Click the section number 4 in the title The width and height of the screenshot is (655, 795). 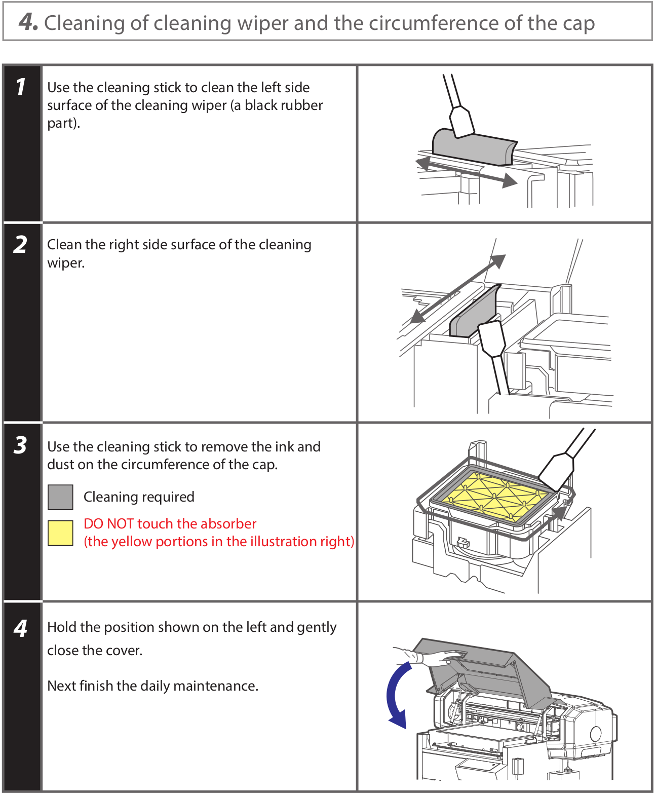point(27,22)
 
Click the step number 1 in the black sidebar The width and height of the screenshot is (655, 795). point(21,87)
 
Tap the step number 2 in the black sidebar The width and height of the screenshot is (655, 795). point(21,245)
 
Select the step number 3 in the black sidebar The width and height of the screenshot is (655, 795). point(21,445)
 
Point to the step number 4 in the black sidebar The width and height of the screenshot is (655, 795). point(21,628)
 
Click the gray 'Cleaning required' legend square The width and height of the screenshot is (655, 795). point(60,497)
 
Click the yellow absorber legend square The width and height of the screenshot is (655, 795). point(60,533)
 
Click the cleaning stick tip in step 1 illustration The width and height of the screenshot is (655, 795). point(461,121)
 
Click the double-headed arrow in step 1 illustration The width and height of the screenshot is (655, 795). point(466,172)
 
